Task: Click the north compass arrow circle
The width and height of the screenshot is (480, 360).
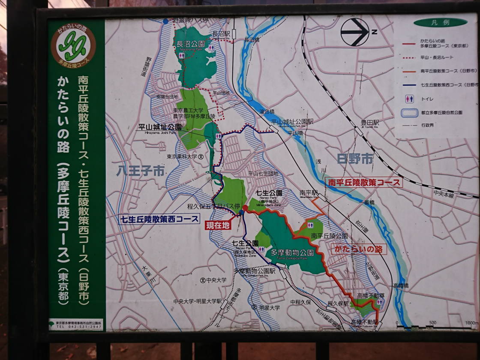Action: coord(355,32)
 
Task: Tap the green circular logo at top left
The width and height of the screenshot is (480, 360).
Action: coord(73,45)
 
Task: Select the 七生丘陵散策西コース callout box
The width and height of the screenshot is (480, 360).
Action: coord(159,219)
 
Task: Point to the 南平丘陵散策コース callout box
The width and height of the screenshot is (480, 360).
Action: coord(363,183)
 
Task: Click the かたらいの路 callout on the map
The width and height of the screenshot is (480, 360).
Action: coord(358,249)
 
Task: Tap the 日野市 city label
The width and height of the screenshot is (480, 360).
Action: coord(355,159)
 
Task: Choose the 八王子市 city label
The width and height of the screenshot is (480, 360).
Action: coord(141,171)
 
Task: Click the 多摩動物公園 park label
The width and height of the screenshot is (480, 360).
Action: coord(292,253)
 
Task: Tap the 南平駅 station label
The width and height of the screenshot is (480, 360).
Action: coord(309,193)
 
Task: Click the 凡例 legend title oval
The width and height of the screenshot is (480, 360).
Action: coord(440,22)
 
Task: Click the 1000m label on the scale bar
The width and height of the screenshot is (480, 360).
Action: coord(471,323)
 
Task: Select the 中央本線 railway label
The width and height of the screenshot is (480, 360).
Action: coord(443,195)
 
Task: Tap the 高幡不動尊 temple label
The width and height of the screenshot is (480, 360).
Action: coord(371,295)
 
